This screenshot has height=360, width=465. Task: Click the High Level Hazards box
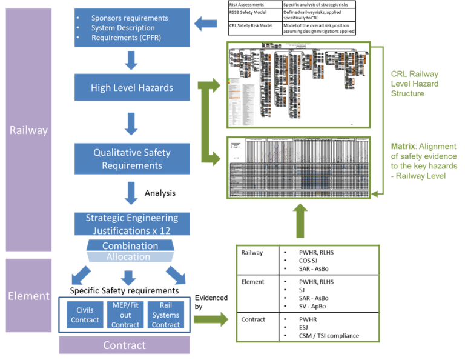pos(132,88)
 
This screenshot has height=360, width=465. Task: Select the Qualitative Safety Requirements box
pos(132,159)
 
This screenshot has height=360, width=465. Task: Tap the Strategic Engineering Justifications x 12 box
pos(132,224)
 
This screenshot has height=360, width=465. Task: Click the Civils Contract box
pos(84,315)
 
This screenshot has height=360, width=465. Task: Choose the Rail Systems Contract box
pos(166,315)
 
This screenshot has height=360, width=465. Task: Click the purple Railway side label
pos(28,130)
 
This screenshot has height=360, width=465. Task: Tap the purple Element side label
pos(28,296)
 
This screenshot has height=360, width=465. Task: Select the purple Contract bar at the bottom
pos(124,345)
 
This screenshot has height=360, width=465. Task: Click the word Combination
pos(130,246)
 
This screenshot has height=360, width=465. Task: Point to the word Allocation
pos(128,257)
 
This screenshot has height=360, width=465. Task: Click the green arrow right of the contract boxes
pos(209,319)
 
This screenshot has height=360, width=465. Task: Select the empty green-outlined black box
pos(307,285)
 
